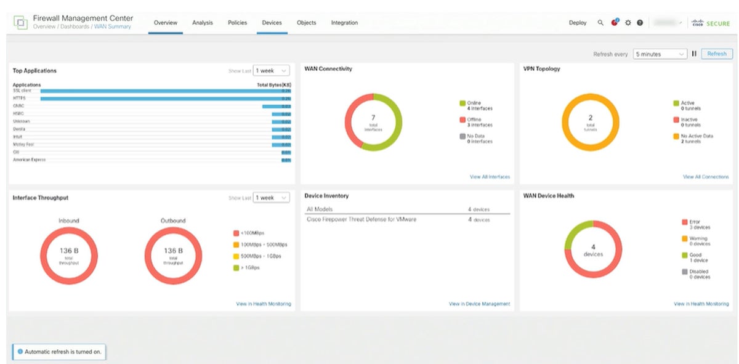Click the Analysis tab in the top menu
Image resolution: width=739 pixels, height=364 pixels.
(x=202, y=23)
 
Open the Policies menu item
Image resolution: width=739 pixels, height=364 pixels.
(x=237, y=23)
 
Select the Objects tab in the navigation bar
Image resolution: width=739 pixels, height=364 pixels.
(x=306, y=23)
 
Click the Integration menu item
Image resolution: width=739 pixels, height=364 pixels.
(x=344, y=23)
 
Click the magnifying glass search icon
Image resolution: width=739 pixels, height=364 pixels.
(x=600, y=23)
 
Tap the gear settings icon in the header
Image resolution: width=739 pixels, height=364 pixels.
(x=628, y=23)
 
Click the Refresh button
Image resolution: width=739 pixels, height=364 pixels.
(x=716, y=54)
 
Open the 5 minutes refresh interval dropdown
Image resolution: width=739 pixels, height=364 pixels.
(x=660, y=54)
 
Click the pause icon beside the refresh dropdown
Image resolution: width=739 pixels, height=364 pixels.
(x=694, y=54)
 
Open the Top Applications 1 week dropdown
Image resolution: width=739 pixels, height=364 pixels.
(x=271, y=71)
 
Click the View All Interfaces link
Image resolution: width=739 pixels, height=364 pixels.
(x=490, y=177)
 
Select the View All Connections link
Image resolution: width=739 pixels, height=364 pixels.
(x=705, y=177)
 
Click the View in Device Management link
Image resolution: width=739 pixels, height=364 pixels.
(x=479, y=304)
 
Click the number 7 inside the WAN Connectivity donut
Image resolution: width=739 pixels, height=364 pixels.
(x=373, y=117)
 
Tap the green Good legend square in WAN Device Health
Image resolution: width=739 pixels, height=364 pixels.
(x=684, y=255)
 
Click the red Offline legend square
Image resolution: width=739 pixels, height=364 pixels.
(x=462, y=119)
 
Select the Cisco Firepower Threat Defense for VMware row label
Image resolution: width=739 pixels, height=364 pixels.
(x=361, y=219)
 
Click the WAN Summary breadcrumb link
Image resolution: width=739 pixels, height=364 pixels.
(x=112, y=27)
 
